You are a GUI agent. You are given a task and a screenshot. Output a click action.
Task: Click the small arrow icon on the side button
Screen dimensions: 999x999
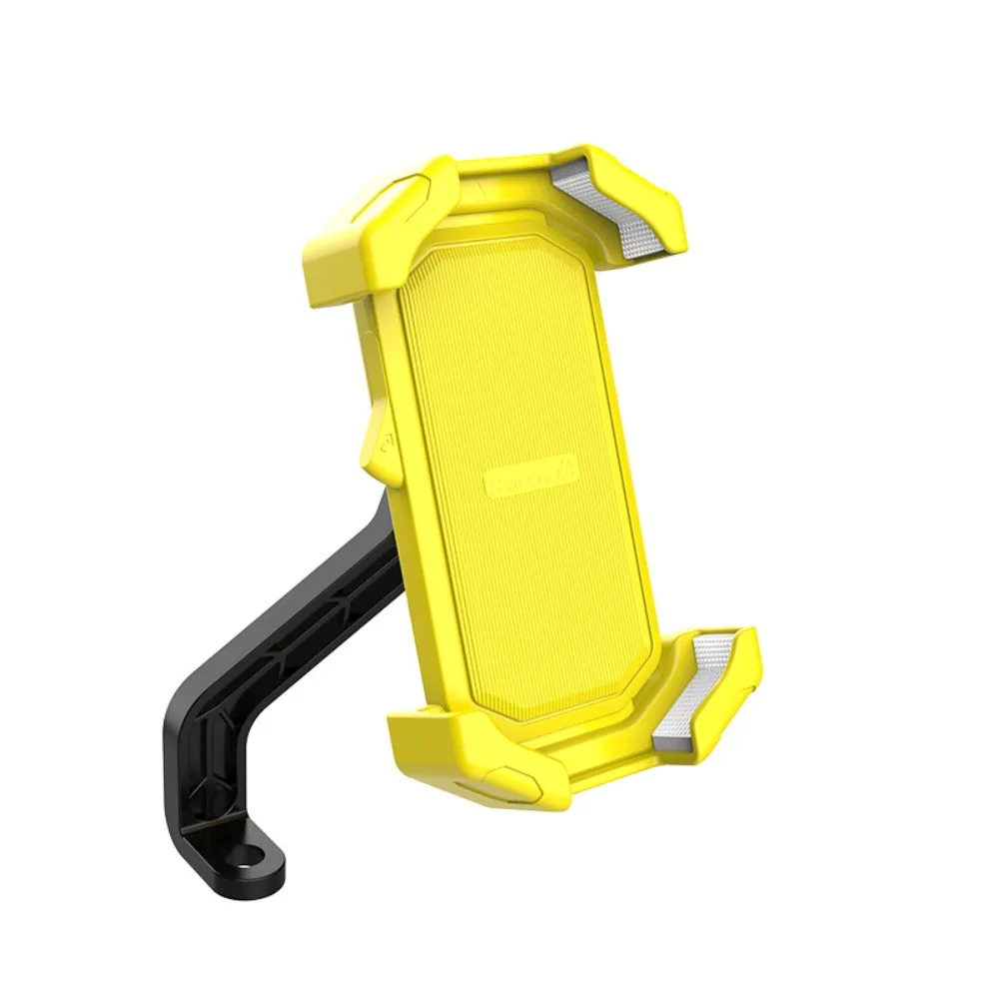386,437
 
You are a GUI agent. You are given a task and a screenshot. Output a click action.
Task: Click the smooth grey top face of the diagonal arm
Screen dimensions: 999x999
300,589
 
